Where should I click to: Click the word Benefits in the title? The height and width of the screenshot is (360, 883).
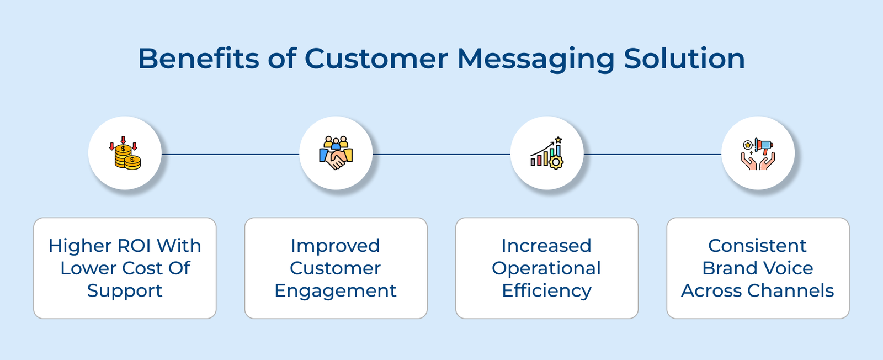coord(198,59)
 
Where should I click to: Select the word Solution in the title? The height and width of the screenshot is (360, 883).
coord(684,59)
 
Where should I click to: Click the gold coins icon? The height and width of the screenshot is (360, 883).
coord(125,153)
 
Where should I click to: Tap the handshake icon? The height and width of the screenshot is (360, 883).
coord(336,153)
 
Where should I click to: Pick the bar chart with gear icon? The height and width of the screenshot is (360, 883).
coord(547,153)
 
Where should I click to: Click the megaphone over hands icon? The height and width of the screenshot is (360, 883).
coord(758,153)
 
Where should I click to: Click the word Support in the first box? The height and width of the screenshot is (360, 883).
coord(125,291)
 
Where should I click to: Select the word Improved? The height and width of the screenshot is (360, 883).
coord(336,246)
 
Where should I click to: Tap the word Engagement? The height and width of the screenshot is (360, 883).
coord(336,291)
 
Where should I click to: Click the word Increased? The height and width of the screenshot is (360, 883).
coord(546,246)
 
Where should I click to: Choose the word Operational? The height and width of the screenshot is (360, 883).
coord(546,268)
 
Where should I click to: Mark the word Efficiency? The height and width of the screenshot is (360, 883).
coord(546,291)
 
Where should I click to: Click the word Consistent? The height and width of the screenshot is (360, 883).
coord(757,246)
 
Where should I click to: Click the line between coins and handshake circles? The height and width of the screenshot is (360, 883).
coord(230,155)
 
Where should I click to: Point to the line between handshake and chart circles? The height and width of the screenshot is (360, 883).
coord(441,155)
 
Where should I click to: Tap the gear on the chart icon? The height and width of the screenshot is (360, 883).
coord(556,162)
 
